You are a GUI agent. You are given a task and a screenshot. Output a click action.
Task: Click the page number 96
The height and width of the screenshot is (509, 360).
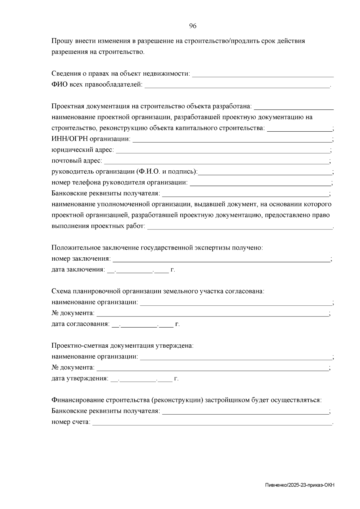point(193,26)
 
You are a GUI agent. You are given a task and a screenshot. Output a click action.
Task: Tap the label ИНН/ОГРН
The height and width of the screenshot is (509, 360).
point(70,139)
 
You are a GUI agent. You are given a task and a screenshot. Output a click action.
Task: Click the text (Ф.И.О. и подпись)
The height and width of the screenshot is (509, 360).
point(167,172)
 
